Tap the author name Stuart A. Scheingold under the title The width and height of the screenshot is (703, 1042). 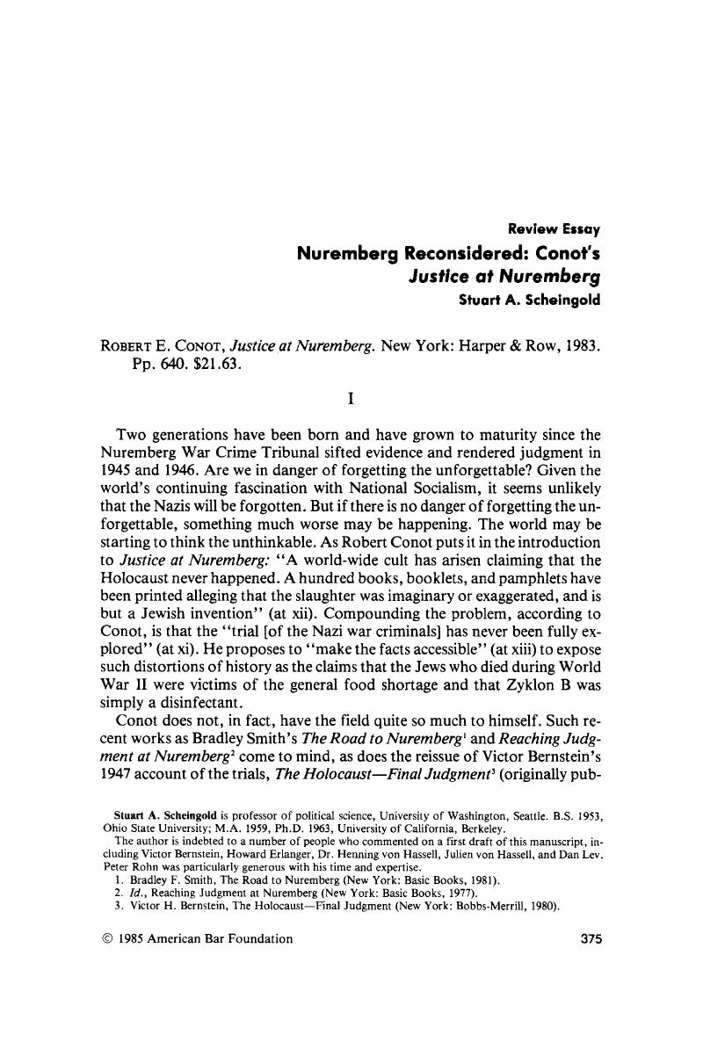click(x=530, y=299)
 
